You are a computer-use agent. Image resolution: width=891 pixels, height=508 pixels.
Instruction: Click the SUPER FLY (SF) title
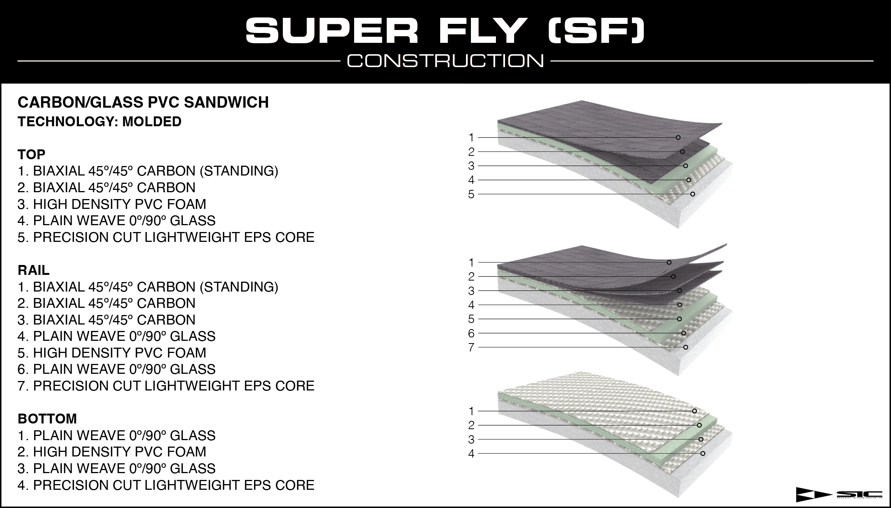445,30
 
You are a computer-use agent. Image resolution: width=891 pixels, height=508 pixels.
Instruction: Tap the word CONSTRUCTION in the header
445,61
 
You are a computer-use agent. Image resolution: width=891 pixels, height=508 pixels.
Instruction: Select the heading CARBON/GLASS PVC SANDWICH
143,102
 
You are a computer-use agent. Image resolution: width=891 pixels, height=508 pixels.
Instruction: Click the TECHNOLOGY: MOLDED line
99,122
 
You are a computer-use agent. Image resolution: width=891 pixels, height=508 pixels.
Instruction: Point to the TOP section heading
31,154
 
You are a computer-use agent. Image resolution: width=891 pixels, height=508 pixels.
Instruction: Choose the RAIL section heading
33,270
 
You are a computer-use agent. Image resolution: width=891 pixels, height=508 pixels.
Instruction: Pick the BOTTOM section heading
47,419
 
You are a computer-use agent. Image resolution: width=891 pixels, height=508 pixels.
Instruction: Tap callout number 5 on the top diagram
471,194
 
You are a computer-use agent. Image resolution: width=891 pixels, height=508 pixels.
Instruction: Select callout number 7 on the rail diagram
471,348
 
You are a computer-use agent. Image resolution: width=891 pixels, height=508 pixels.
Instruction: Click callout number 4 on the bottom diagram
471,454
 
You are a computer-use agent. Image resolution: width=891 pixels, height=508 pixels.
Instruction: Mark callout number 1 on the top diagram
471,137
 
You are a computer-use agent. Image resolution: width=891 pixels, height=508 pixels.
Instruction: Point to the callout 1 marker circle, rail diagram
669,262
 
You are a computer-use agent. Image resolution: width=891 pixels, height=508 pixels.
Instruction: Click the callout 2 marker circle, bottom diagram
699,425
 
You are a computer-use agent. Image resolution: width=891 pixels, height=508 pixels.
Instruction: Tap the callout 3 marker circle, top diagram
686,166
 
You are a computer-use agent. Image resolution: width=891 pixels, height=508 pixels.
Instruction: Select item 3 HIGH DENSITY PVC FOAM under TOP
112,204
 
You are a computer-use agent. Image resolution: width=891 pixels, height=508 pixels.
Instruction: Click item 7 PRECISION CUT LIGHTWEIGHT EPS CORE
166,386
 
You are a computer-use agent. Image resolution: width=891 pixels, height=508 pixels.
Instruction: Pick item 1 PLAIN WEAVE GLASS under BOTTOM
116,436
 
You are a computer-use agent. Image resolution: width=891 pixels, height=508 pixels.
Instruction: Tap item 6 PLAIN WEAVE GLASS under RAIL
116,369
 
